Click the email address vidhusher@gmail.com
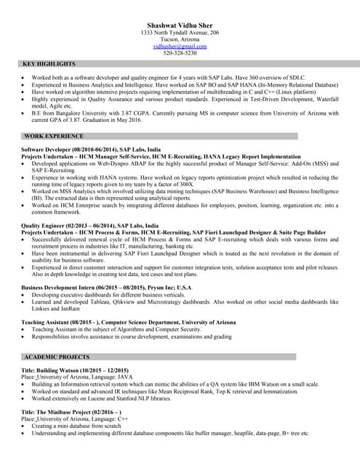click(180, 46)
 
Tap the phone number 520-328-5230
click(180, 53)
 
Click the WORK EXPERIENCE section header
click(54, 136)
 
